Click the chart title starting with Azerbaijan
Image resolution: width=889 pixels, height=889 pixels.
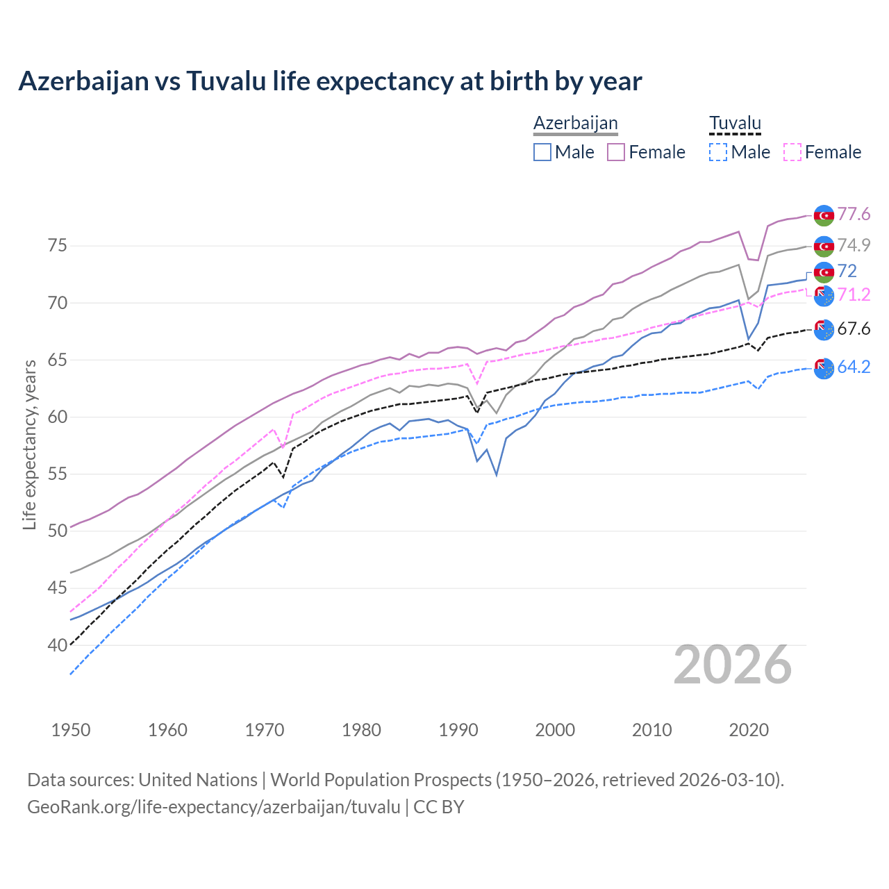click(330, 81)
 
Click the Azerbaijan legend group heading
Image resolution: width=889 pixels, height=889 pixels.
click(575, 123)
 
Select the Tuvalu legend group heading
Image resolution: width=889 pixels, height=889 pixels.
click(735, 123)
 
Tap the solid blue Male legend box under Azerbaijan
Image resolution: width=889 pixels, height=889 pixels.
click(542, 152)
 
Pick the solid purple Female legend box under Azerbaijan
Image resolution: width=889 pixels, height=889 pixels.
click(616, 152)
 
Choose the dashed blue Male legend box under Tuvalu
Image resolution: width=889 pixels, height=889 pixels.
click(718, 152)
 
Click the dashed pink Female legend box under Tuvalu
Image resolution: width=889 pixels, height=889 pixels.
click(792, 152)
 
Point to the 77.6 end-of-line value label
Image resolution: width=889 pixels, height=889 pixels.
click(854, 214)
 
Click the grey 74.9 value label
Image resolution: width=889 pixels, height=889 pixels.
click(854, 245)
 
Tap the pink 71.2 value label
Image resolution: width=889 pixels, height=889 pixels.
click(854, 294)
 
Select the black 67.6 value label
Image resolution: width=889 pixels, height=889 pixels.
click(854, 329)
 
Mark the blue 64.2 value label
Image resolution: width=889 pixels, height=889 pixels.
click(854, 367)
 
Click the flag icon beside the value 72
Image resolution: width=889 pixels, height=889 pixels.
click(824, 272)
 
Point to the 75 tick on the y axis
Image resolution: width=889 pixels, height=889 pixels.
click(58, 246)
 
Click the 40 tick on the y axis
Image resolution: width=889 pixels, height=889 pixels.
click(58, 645)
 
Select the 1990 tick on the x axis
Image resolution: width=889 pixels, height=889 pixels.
click(458, 730)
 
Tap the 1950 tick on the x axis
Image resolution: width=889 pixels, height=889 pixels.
click(71, 730)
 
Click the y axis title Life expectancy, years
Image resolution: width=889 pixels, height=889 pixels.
click(29, 444)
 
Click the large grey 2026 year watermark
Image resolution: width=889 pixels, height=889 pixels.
click(733, 665)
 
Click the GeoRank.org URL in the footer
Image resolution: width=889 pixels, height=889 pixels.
click(214, 807)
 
